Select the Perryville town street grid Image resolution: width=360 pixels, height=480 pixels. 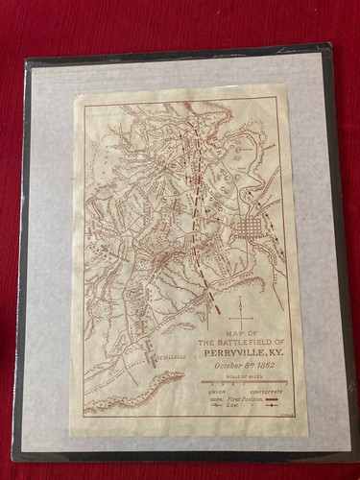pyautogui.click(x=252, y=230)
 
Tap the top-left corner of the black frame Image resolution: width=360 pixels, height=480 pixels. pyautogui.click(x=26, y=60)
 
